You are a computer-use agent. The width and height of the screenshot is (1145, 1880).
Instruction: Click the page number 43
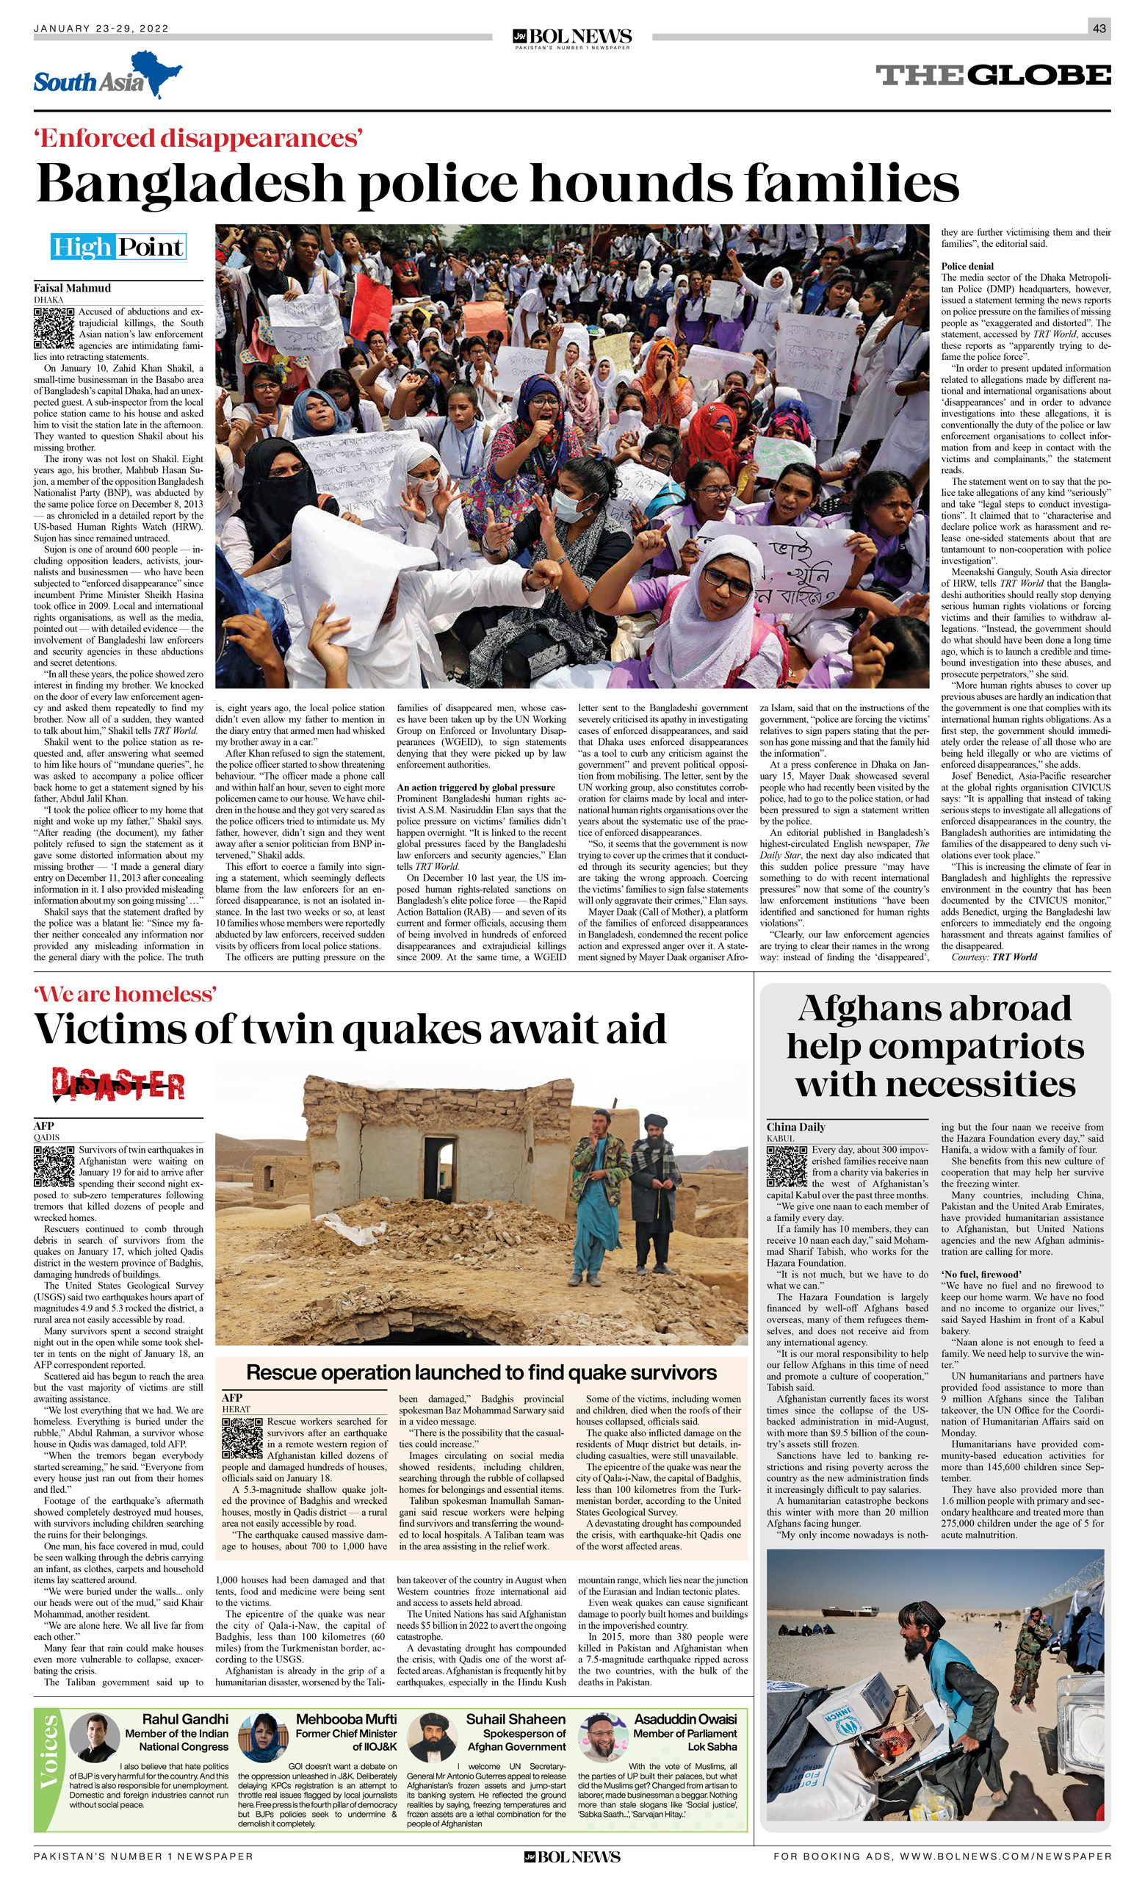[x=1099, y=29]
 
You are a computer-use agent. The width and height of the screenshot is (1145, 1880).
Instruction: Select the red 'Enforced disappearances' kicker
[x=198, y=138]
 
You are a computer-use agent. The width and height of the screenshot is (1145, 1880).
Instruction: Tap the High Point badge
[x=118, y=246]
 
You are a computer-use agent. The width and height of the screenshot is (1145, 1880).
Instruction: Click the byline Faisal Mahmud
[x=72, y=288]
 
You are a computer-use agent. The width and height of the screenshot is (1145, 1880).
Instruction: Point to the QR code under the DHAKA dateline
[x=54, y=328]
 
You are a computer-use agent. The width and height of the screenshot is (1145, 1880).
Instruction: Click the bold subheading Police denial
[x=967, y=265]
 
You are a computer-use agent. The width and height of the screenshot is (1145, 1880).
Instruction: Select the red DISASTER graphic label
[x=118, y=1084]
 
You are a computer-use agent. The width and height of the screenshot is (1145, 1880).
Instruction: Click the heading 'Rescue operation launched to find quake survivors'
[x=480, y=1372]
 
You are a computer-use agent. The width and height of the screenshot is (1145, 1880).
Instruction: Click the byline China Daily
[x=795, y=1126]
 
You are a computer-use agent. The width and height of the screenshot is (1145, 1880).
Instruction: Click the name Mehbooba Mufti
[x=346, y=1719]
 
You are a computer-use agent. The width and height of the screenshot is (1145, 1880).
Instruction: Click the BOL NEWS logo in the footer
[x=572, y=1857]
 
